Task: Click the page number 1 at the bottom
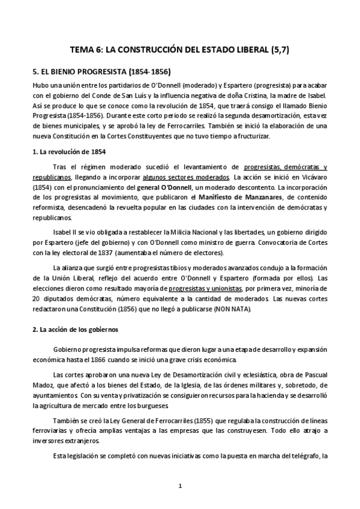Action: (x=179, y=485)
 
